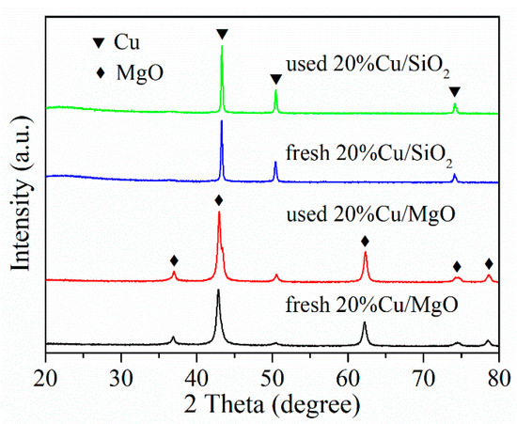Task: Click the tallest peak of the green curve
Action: coord(222,46)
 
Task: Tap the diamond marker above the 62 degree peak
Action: coord(365,242)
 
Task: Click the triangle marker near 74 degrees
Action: coord(454,91)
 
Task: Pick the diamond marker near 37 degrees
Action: coord(174,260)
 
